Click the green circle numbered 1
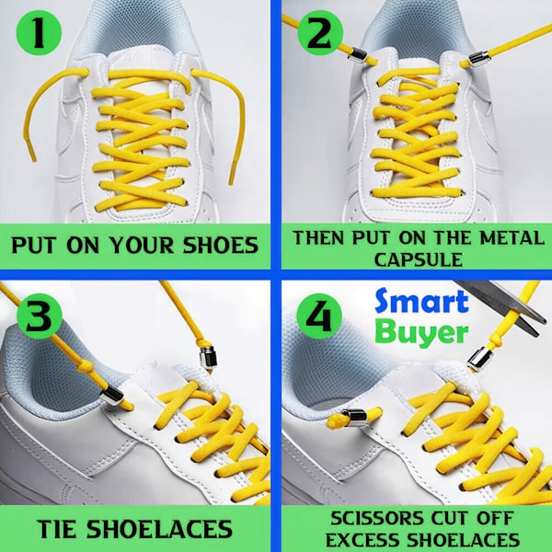(39, 33)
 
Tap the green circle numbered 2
(320, 33)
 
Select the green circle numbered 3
(40, 316)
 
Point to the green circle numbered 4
(319, 316)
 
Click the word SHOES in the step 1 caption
(221, 245)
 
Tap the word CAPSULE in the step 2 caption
(419, 259)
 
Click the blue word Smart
(421, 302)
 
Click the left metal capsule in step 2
(358, 56)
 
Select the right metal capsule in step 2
(478, 58)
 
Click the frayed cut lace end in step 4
(335, 421)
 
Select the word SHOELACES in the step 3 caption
(159, 529)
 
